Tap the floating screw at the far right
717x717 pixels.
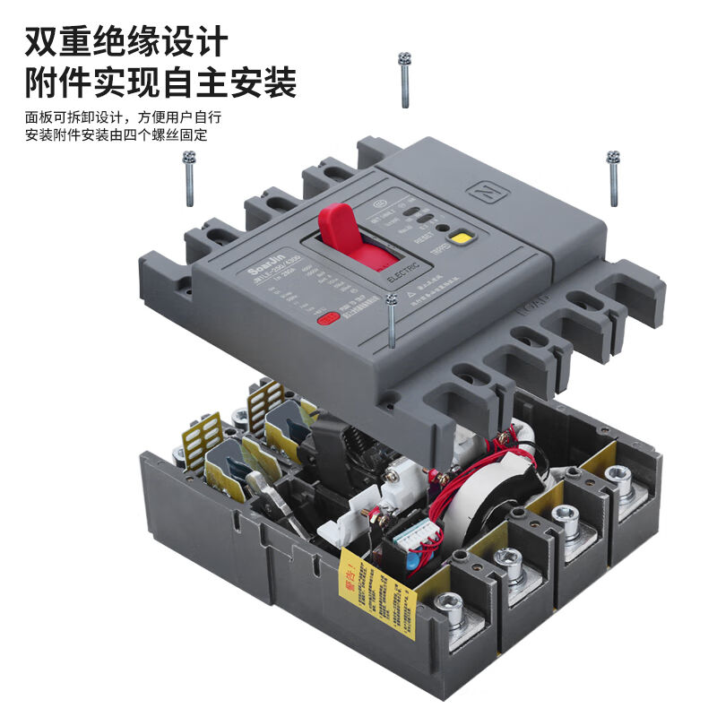pos(613,177)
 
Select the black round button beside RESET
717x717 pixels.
pos(441,229)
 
